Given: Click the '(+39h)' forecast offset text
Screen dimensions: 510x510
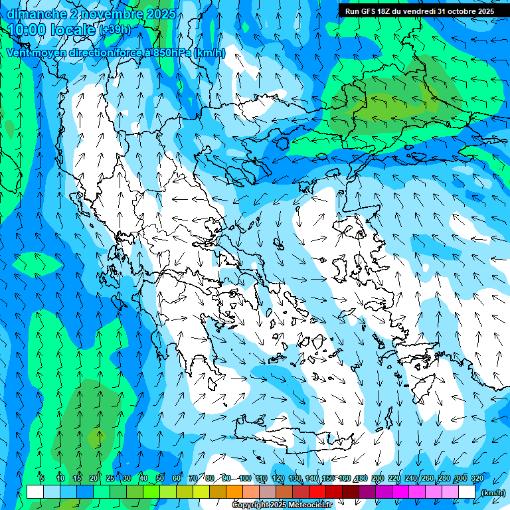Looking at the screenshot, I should (114, 30).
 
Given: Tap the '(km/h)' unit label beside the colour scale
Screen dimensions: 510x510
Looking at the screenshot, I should (493, 493).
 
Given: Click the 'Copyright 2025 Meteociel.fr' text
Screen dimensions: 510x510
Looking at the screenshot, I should (282, 505).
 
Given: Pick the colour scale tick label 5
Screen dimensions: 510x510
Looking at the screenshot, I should (41, 478).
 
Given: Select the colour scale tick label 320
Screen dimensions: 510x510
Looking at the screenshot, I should (477, 478).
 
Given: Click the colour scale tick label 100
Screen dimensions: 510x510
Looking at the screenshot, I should (244, 478).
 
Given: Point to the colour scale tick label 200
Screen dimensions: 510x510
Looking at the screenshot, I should (377, 478).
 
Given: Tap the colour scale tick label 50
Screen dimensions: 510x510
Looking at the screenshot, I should (160, 478).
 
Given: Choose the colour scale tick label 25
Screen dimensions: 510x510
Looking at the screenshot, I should (110, 478).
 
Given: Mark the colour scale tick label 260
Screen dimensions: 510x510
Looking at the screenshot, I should (427, 478).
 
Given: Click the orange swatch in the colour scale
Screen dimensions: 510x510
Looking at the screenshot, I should (234, 492).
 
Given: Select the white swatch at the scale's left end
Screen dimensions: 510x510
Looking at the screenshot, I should (35, 492).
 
